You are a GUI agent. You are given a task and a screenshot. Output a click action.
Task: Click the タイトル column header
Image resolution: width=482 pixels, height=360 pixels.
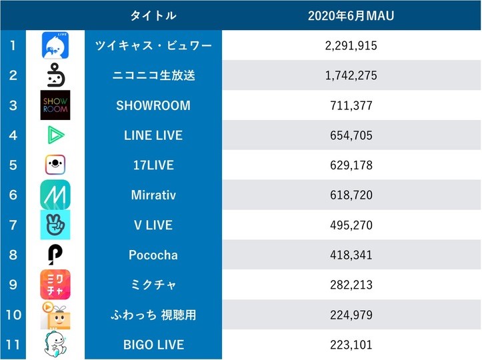[x=153, y=15]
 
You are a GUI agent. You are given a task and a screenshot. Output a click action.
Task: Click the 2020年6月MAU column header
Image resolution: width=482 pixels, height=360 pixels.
[x=351, y=15]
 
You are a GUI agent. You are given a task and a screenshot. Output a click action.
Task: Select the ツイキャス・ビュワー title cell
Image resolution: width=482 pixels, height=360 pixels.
[x=153, y=45]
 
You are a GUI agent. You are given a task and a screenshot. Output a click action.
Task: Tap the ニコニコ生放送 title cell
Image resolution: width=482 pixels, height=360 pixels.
[x=153, y=75]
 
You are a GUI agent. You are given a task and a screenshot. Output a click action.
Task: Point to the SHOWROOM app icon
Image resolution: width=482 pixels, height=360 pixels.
[x=55, y=105]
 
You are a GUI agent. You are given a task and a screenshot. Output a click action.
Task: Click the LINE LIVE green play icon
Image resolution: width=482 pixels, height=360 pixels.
[x=55, y=135]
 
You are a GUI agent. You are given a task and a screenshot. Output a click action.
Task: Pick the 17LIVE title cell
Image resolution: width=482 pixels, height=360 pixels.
[x=153, y=165]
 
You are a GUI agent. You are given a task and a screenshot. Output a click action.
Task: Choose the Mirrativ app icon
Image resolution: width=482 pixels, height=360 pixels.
[x=55, y=195]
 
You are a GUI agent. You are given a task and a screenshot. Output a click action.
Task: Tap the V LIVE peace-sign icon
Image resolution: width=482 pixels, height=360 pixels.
[x=55, y=225]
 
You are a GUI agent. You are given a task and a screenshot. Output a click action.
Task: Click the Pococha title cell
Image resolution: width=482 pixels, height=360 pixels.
[x=153, y=255]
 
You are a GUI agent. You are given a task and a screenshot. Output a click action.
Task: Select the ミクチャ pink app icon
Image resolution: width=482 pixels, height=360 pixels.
[x=55, y=285]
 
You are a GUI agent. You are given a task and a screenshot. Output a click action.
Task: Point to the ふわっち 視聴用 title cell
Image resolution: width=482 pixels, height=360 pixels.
[x=153, y=315]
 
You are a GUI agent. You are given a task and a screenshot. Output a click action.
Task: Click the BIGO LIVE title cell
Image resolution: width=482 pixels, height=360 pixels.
[x=153, y=345]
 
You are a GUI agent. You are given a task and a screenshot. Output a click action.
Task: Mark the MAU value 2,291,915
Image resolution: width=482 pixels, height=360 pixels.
[x=351, y=45]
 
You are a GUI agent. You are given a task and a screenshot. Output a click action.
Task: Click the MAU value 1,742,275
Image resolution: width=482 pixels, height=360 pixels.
[x=351, y=75]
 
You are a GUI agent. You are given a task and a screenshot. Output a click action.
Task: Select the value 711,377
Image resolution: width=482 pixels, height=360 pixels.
[x=351, y=105]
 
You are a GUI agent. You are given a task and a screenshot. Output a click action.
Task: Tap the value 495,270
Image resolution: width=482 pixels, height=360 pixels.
[x=351, y=225]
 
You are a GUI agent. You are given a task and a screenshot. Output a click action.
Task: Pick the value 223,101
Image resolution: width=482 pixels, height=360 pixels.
[x=351, y=345]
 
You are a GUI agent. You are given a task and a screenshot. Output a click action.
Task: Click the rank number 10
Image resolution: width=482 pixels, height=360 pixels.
[x=13, y=315]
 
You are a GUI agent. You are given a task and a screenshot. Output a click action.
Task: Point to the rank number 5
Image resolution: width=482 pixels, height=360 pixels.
[x=13, y=165]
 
